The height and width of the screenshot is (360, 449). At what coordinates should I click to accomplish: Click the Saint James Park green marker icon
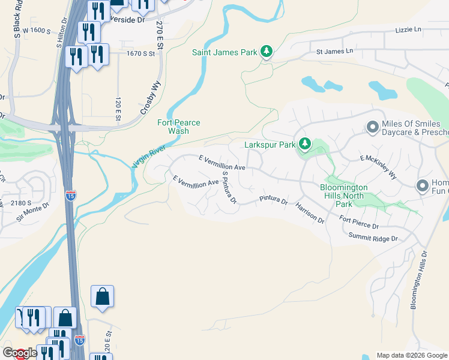coord(267,52)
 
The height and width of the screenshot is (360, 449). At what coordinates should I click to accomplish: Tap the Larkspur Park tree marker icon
coord(305,145)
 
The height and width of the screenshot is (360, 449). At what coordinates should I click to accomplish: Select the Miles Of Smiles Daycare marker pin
coord(372,127)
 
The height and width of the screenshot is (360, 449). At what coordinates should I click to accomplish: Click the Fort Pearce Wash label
coord(178,127)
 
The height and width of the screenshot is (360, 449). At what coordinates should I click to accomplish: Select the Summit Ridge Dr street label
coord(373,238)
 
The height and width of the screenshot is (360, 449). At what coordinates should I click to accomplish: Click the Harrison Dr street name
coord(309,213)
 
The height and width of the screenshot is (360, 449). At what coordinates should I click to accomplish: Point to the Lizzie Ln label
coord(408,29)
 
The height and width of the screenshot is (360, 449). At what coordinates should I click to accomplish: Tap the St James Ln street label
coord(334,52)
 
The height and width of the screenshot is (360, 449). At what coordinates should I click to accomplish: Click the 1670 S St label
coord(140,53)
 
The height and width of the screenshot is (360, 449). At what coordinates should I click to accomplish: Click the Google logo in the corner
coord(20,353)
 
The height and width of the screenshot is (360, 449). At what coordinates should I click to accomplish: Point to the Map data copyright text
coord(411,355)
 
